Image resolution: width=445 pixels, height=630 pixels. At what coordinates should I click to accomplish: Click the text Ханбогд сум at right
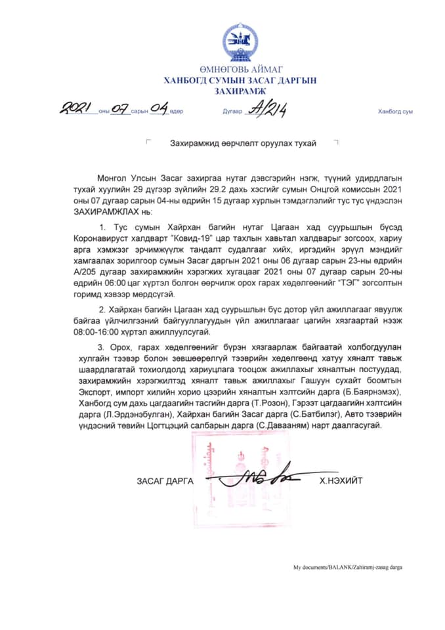395,112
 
